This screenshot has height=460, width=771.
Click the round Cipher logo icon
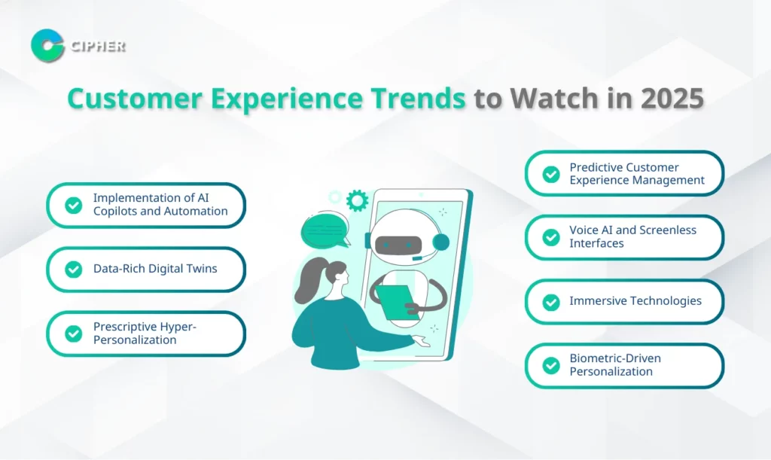tap(47, 46)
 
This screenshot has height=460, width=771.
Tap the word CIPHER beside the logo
tap(99, 46)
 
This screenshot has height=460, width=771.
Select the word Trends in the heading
tap(418, 98)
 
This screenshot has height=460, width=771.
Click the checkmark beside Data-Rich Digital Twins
tap(74, 270)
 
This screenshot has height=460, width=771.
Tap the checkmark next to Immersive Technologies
tap(551, 302)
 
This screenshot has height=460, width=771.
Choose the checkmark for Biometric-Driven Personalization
tap(551, 365)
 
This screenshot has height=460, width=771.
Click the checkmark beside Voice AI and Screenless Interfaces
tap(551, 237)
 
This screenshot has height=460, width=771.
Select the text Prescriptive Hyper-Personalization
tap(145, 334)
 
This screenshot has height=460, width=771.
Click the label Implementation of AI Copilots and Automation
tap(160, 205)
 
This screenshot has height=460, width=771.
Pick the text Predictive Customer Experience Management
tap(637, 173)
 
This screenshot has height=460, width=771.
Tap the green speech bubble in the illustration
tap(325, 230)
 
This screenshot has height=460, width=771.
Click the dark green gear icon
tap(357, 200)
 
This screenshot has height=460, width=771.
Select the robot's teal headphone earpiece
tap(440, 242)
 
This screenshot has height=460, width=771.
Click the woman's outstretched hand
tap(421, 340)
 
